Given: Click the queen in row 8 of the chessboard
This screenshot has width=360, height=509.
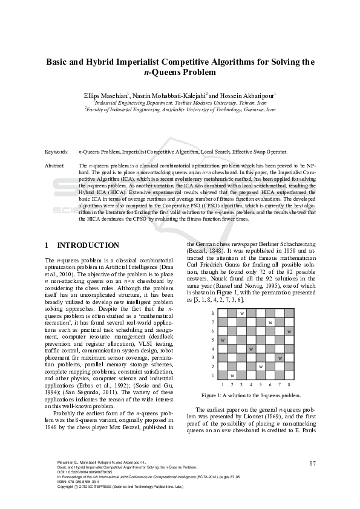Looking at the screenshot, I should tap(242, 313).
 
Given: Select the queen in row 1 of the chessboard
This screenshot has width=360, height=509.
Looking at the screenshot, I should tap(233, 376).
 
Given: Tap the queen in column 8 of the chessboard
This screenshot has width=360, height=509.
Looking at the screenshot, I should tap(289, 331).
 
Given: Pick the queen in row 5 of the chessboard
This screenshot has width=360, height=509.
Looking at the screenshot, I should tap(223, 340).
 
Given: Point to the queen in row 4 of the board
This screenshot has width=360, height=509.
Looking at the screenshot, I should tap(251, 349).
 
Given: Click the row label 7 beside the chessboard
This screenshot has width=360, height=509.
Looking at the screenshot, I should tap(212, 322).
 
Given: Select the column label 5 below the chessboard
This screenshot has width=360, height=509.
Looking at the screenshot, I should tap(261, 384).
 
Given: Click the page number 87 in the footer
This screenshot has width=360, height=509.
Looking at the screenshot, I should tap(312, 464).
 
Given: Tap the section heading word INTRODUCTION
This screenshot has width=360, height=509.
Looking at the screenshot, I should tap(88, 245).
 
